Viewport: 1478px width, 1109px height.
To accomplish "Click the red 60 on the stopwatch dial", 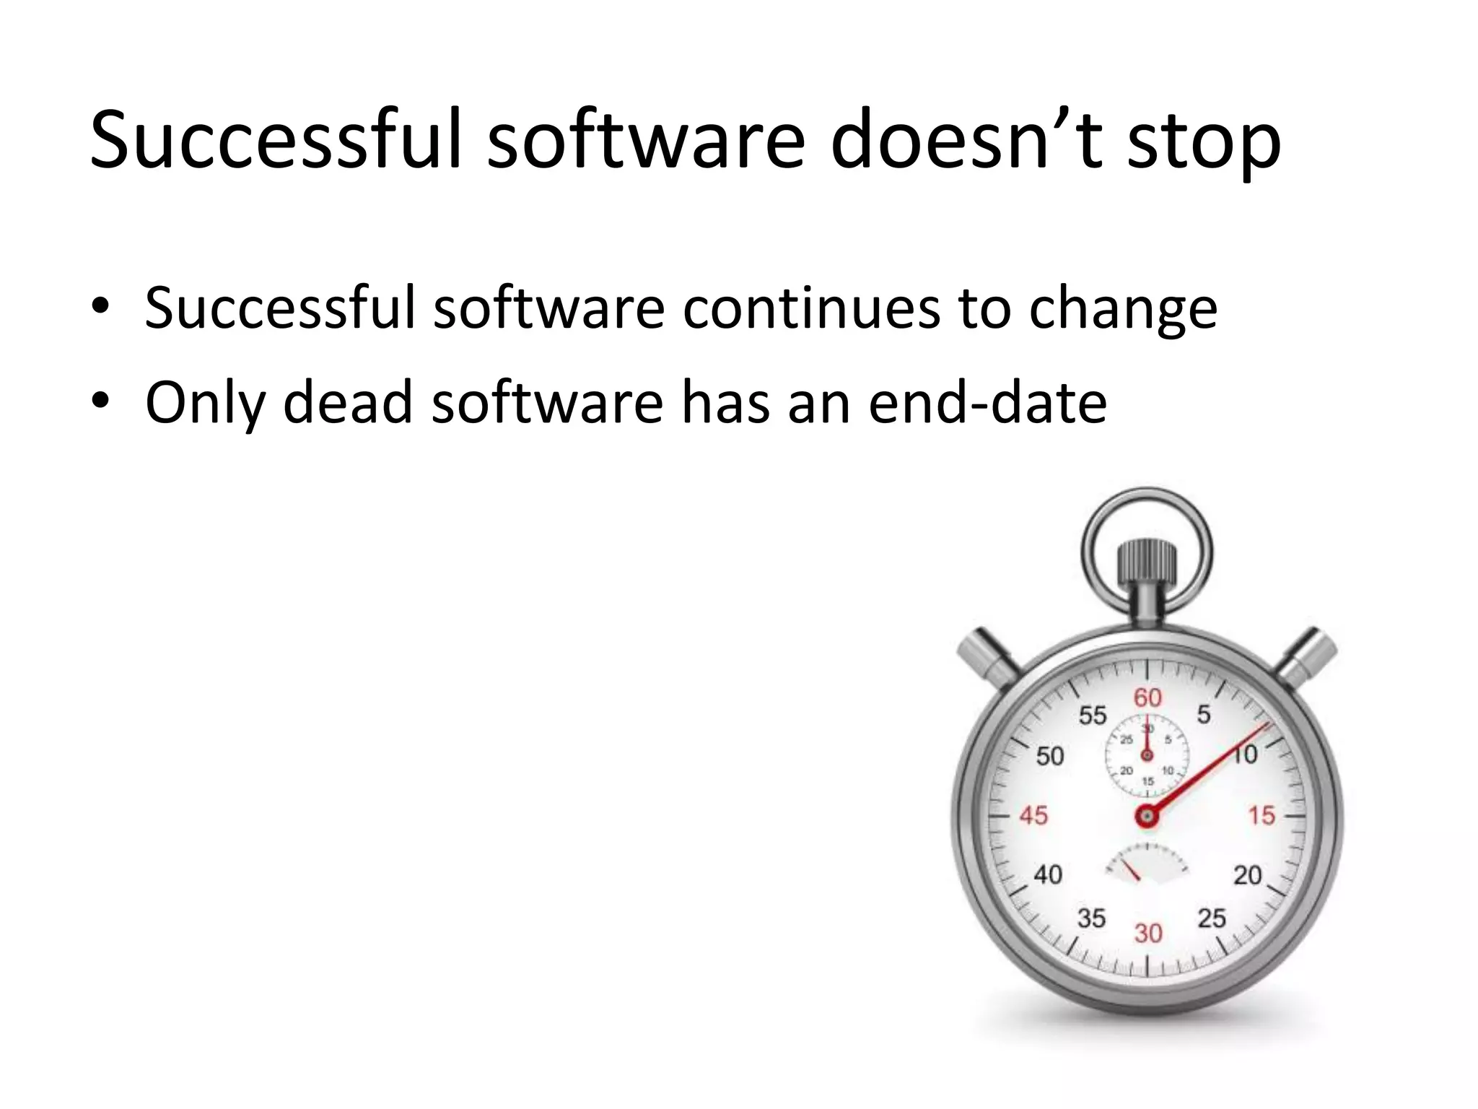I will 1147,697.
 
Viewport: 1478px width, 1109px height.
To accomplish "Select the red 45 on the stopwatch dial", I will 1033,816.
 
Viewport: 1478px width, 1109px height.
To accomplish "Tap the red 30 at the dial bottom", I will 1147,934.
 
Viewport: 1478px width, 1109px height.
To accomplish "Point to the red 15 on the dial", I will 1262,816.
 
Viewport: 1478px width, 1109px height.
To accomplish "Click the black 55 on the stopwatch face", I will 1092,715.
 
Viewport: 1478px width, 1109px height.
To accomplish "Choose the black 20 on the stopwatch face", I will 1247,875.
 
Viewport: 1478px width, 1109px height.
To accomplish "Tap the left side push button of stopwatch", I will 987,657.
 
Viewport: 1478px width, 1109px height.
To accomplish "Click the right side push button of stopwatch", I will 1308,656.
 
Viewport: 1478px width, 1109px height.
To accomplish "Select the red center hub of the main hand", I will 1146,817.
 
